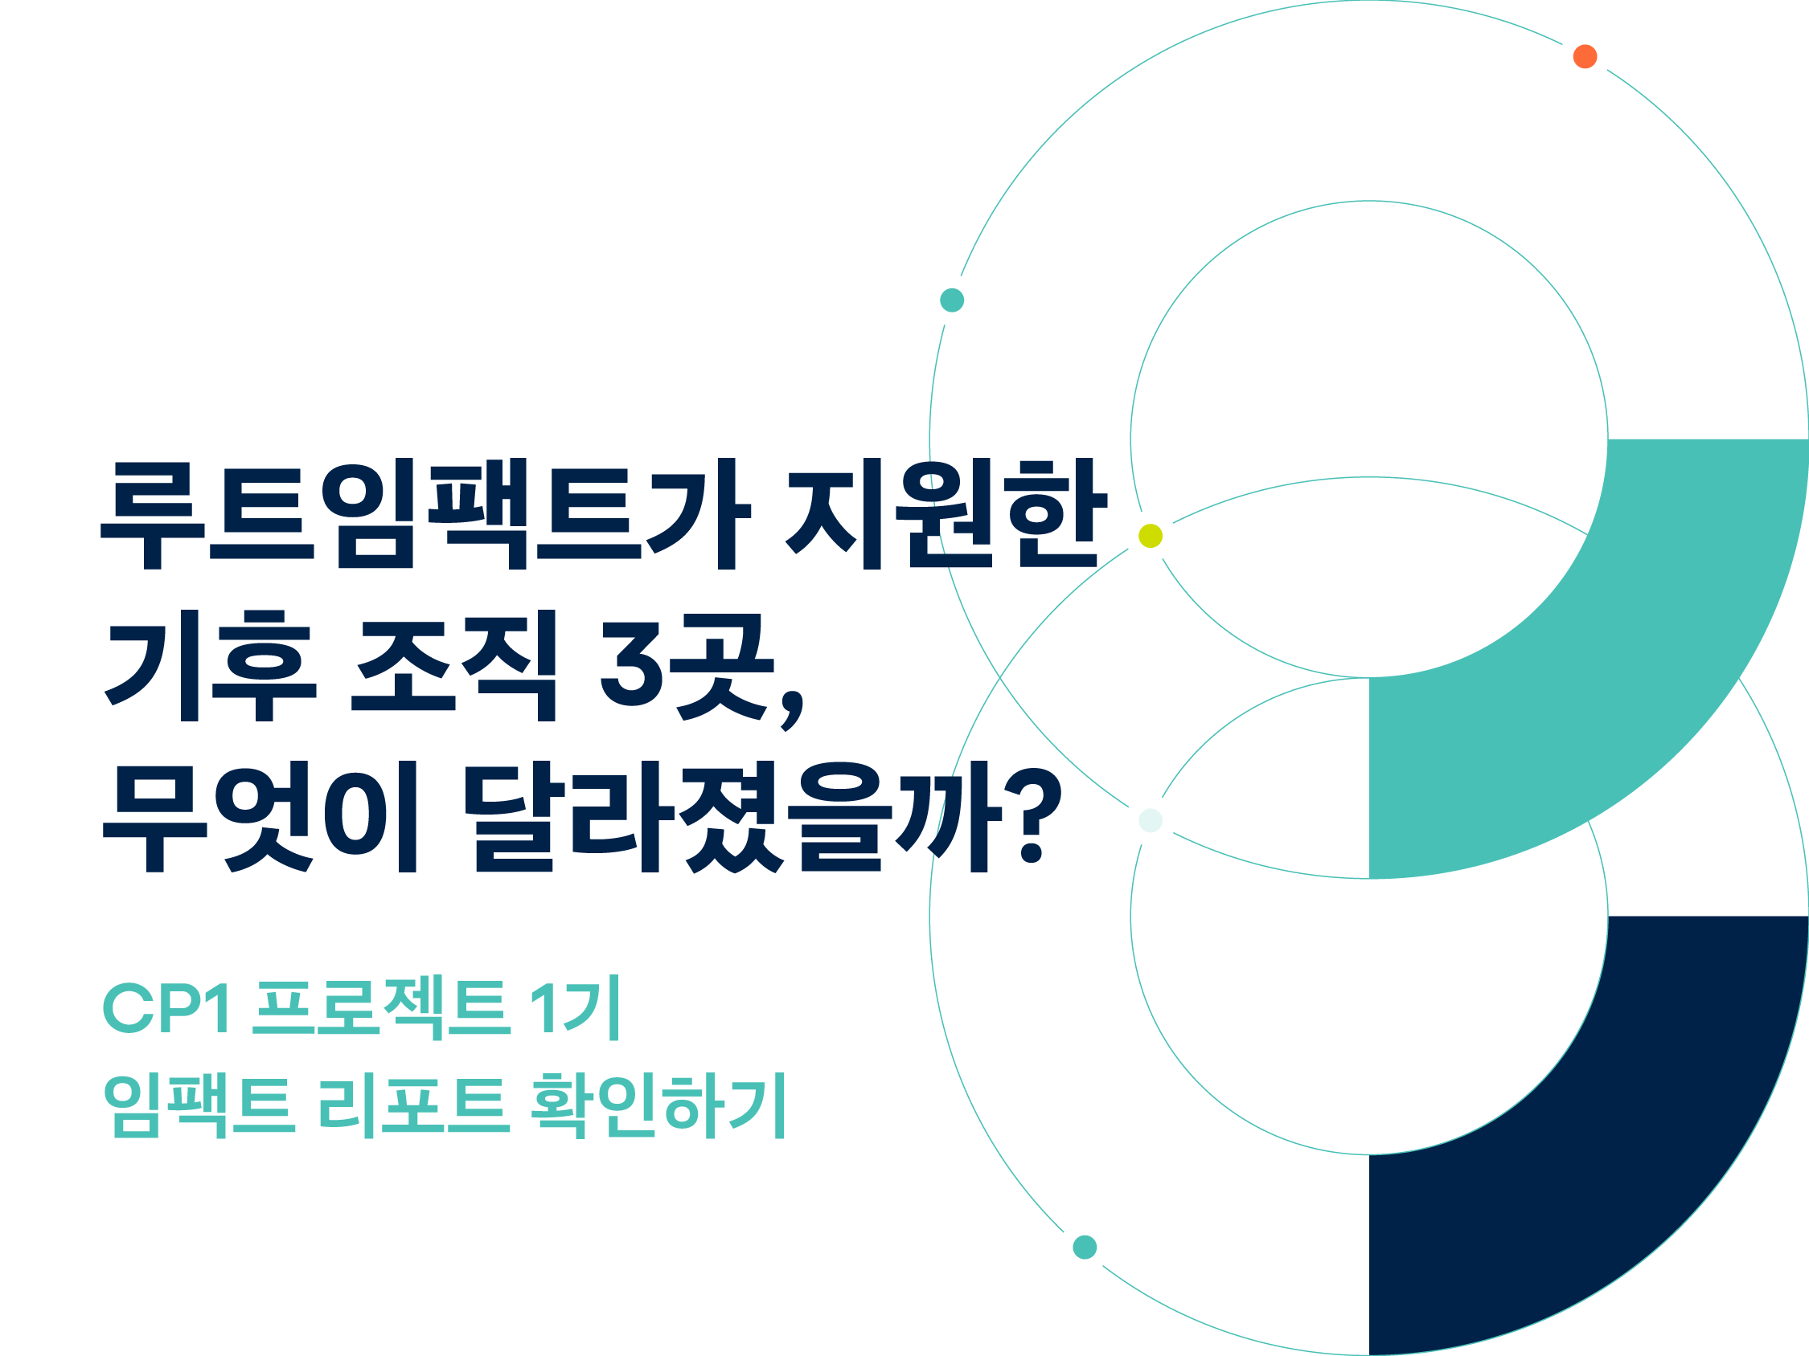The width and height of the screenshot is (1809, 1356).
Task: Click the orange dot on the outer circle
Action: point(1585,56)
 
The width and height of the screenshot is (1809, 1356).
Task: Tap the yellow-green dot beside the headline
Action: point(1151,536)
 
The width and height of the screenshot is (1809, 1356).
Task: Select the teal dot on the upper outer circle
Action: point(952,300)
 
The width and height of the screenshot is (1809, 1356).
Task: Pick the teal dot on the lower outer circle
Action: point(1085,1248)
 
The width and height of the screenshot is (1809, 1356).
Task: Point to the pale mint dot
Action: point(1151,820)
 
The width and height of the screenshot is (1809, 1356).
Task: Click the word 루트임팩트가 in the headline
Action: point(426,513)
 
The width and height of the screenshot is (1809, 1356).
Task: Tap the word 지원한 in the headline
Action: point(946,513)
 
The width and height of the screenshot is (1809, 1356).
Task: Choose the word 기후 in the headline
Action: point(210,665)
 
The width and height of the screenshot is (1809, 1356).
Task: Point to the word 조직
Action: point(454,665)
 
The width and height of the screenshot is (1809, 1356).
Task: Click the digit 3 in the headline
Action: point(631,664)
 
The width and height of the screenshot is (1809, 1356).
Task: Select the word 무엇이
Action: point(260,816)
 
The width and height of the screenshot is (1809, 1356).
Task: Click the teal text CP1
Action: point(166,1008)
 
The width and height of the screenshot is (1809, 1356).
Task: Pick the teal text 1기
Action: point(575,1007)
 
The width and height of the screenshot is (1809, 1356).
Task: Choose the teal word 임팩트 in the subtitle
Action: point(199,1106)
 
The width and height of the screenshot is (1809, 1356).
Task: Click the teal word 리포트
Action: point(414,1106)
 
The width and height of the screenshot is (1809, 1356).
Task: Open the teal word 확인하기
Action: point(658,1106)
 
